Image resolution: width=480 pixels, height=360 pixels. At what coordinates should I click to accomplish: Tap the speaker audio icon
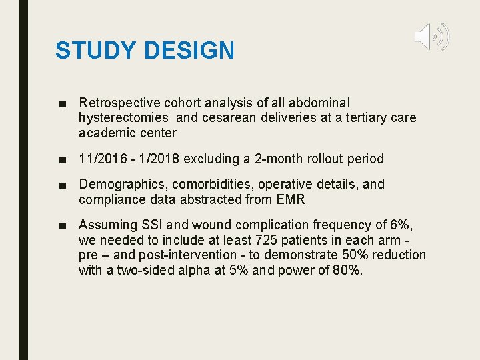click(431, 37)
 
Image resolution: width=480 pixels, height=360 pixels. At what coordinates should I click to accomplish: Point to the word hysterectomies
click(125, 118)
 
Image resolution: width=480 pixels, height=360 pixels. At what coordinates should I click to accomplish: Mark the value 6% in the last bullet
click(399, 225)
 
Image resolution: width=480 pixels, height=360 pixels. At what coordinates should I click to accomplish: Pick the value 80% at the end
click(347, 269)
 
